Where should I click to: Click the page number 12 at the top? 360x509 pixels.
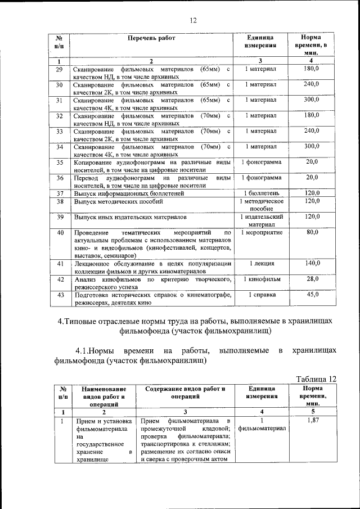pyautogui.click(x=193, y=20)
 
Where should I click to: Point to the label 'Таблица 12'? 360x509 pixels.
pyautogui.click(x=316, y=379)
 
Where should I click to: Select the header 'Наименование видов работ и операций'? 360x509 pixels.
pyautogui.click(x=102, y=396)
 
